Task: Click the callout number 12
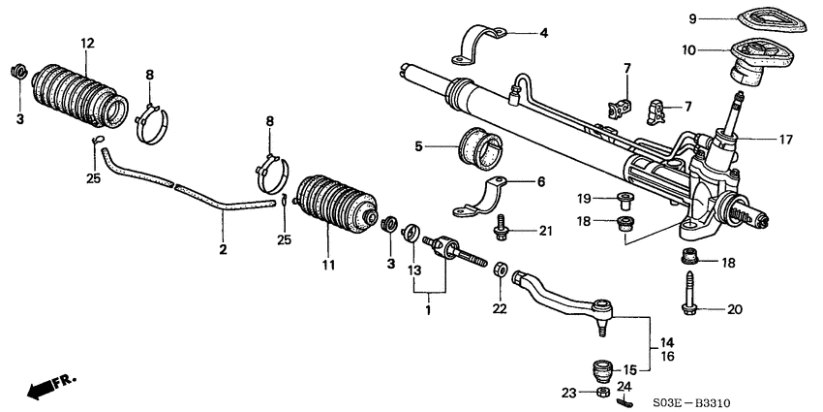point(88,43)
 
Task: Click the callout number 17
point(784,140)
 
